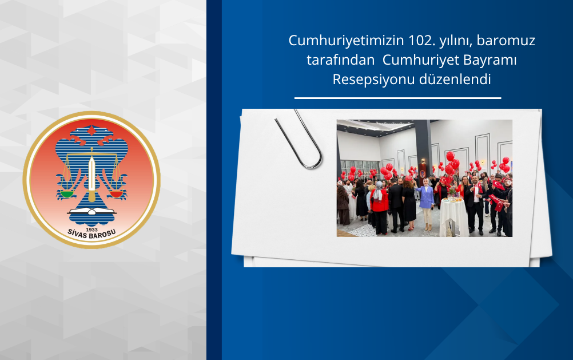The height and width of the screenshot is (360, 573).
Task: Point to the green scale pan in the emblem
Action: click(x=67, y=193)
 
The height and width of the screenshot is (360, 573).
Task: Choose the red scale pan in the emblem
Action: click(x=116, y=193)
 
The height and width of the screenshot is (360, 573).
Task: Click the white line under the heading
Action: click(x=397, y=98)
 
